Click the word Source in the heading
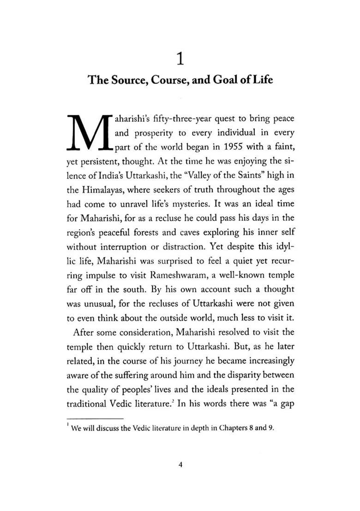(127, 80)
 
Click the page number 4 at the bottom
(180, 465)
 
